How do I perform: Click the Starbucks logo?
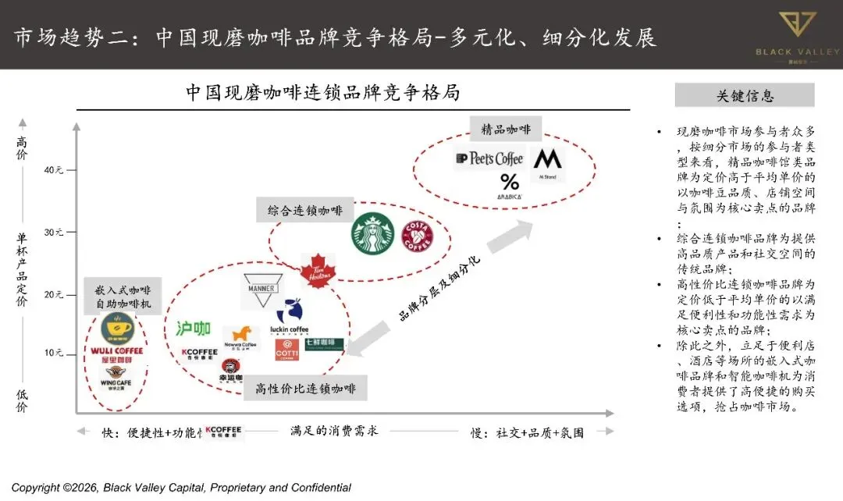[373, 233]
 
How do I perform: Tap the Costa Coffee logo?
[418, 236]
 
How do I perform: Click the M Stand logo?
[548, 163]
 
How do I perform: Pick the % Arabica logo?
[509, 186]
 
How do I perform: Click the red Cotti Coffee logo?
[287, 349]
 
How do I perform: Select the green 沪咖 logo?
[194, 329]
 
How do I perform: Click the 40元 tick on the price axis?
[54, 170]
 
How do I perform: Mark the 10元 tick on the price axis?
[54, 353]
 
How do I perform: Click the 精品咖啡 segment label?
[506, 129]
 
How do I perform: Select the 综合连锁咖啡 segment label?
[305, 211]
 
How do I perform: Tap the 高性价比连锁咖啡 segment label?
[305, 388]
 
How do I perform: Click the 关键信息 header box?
[745, 96]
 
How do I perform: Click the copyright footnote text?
[181, 488]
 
